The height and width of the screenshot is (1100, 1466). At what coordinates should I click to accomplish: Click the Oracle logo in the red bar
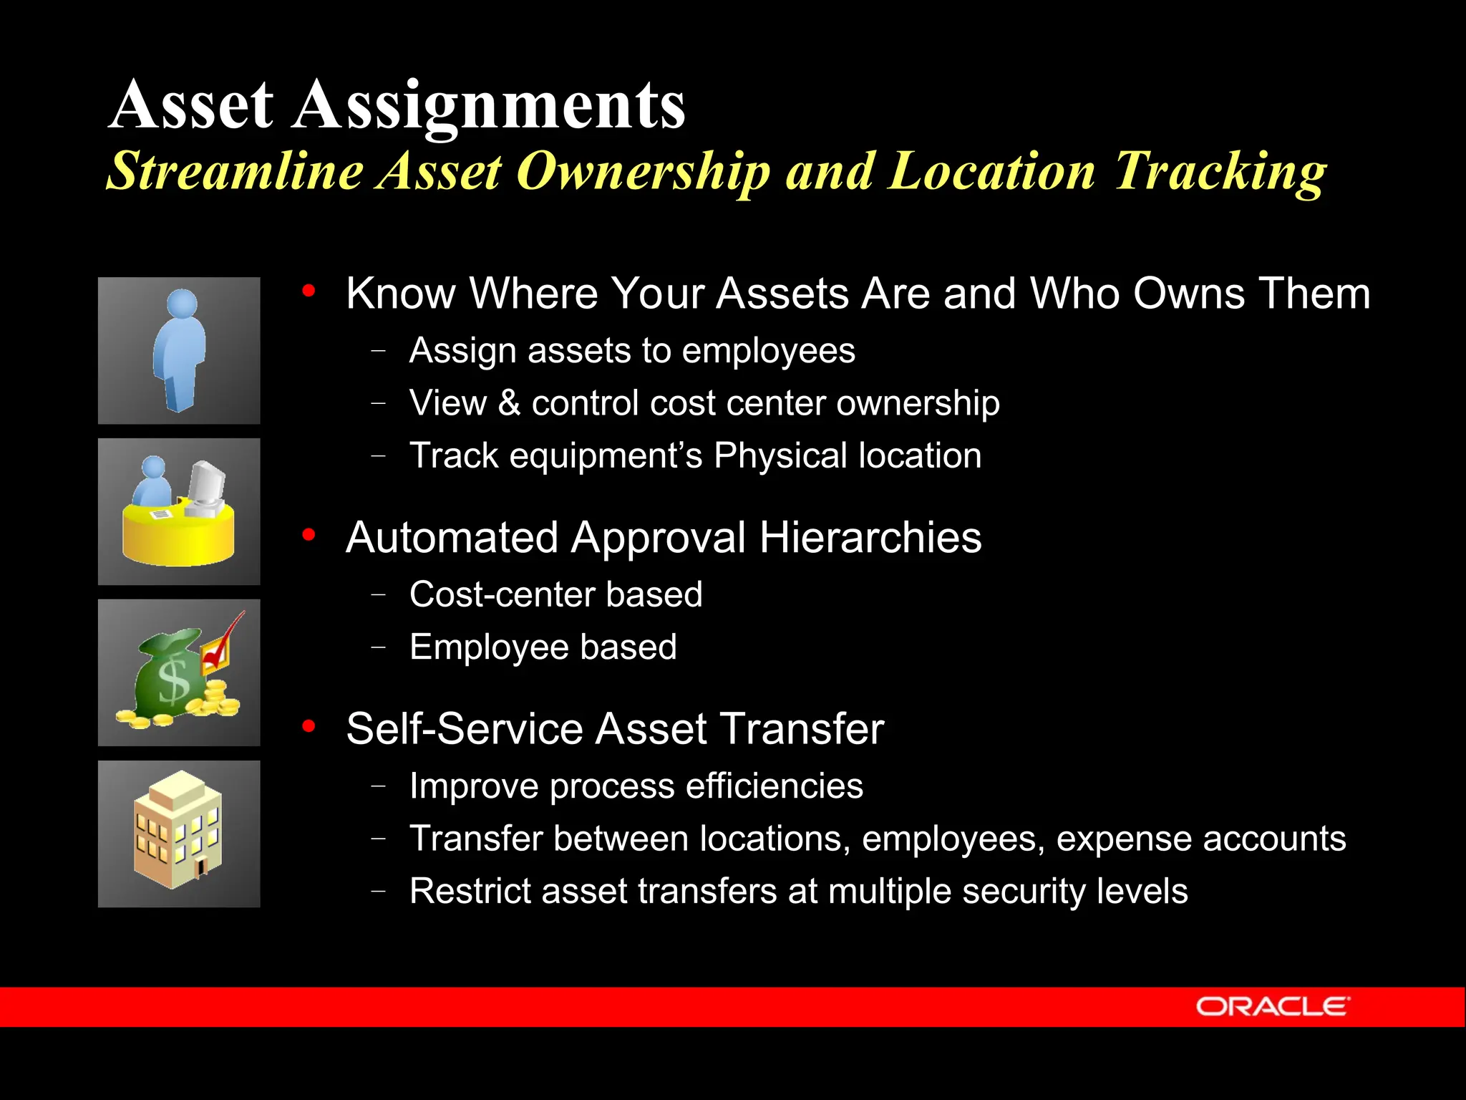1272,1006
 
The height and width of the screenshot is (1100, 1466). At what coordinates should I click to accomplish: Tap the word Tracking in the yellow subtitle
1220,172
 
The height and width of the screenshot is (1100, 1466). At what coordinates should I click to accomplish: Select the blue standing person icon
180,349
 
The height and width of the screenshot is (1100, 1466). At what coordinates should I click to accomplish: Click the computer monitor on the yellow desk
207,488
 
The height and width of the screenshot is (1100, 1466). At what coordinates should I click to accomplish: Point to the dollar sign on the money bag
174,681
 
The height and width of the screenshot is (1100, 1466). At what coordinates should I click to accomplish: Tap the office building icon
178,831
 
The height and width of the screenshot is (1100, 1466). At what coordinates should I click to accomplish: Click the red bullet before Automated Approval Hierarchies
309,535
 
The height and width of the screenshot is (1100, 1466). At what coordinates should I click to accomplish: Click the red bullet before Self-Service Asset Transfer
309,726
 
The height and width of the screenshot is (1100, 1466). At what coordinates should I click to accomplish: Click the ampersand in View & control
509,403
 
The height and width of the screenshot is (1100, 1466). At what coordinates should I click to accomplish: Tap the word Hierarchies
870,538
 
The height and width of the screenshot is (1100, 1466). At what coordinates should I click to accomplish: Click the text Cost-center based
555,594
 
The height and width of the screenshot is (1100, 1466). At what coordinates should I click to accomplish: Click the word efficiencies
774,786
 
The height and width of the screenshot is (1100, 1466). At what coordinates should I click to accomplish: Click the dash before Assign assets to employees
379,351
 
